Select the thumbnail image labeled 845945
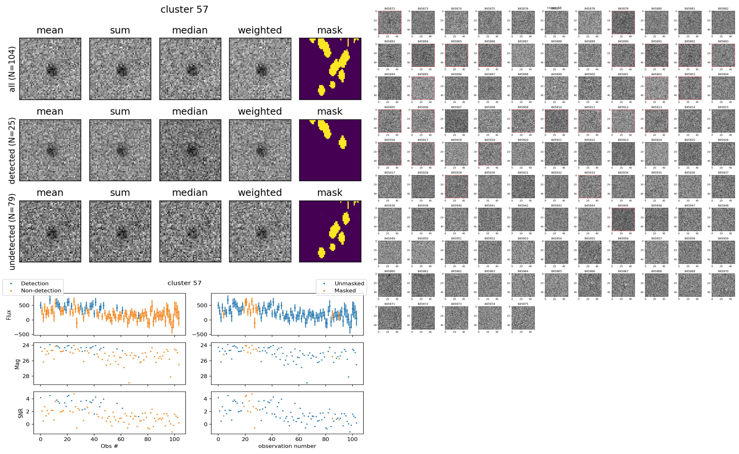click(x=623, y=219)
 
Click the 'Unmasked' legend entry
click(x=349, y=283)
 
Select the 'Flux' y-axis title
click(x=9, y=315)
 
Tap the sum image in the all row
click(x=120, y=69)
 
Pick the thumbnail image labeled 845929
click(x=456, y=187)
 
